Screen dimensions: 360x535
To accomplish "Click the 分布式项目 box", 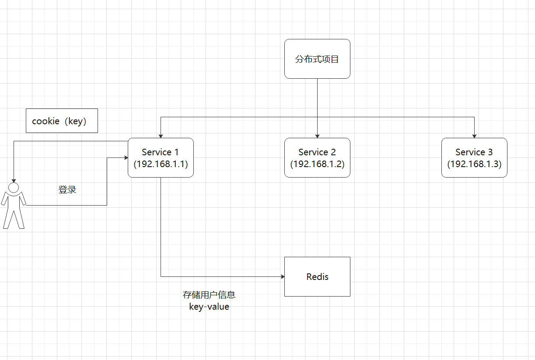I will (317, 59).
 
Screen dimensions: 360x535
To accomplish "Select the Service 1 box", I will (161, 157).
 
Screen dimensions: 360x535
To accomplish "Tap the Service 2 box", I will (317, 157).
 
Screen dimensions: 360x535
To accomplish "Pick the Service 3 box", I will (474, 157).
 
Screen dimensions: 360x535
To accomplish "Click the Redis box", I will (317, 276).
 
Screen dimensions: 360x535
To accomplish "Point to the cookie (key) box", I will (62, 121).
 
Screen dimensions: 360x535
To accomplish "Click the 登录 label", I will (67, 190).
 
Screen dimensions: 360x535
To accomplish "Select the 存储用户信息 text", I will (209, 295).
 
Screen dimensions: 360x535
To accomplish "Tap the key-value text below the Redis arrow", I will (209, 307).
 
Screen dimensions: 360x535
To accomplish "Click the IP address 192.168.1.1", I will (161, 164).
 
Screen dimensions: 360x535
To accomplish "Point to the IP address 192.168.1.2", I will (317, 164).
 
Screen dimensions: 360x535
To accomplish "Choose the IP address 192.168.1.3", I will (474, 164).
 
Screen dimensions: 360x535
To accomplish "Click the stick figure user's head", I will (14, 188).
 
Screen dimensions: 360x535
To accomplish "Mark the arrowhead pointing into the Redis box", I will (282, 276).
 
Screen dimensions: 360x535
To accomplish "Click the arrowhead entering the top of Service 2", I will (317, 136).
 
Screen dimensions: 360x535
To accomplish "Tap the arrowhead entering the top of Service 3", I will (474, 136).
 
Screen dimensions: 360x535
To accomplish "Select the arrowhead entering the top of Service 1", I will (161, 136).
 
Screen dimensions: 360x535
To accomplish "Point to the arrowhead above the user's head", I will (14, 180).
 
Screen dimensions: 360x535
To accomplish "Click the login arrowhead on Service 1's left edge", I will (126, 157).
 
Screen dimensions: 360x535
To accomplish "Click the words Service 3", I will (474, 152).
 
